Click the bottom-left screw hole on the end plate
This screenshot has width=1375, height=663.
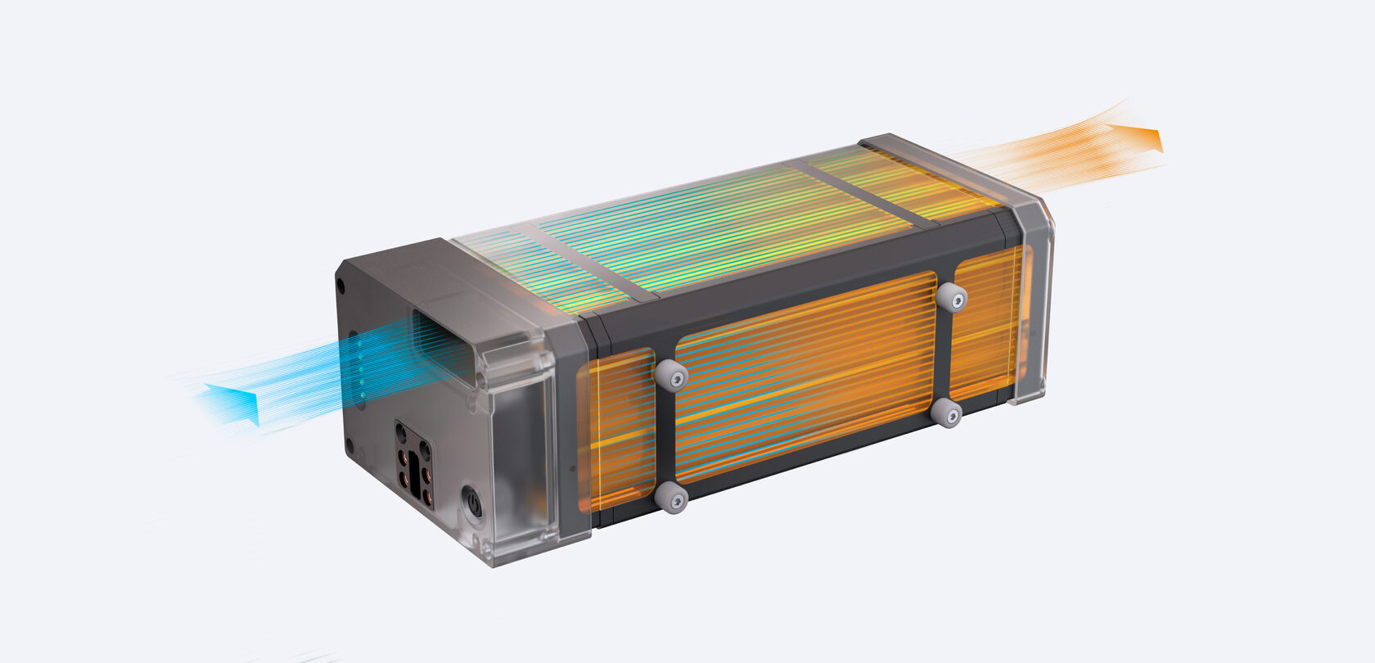pos(349,447)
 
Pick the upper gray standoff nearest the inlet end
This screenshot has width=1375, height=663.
pos(670,374)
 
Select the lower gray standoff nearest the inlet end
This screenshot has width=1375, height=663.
pos(671,496)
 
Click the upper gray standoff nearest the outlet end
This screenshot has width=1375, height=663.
pos(951,297)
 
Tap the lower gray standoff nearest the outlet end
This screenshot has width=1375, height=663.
pos(948,413)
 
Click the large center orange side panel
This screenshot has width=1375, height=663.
pos(806,377)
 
